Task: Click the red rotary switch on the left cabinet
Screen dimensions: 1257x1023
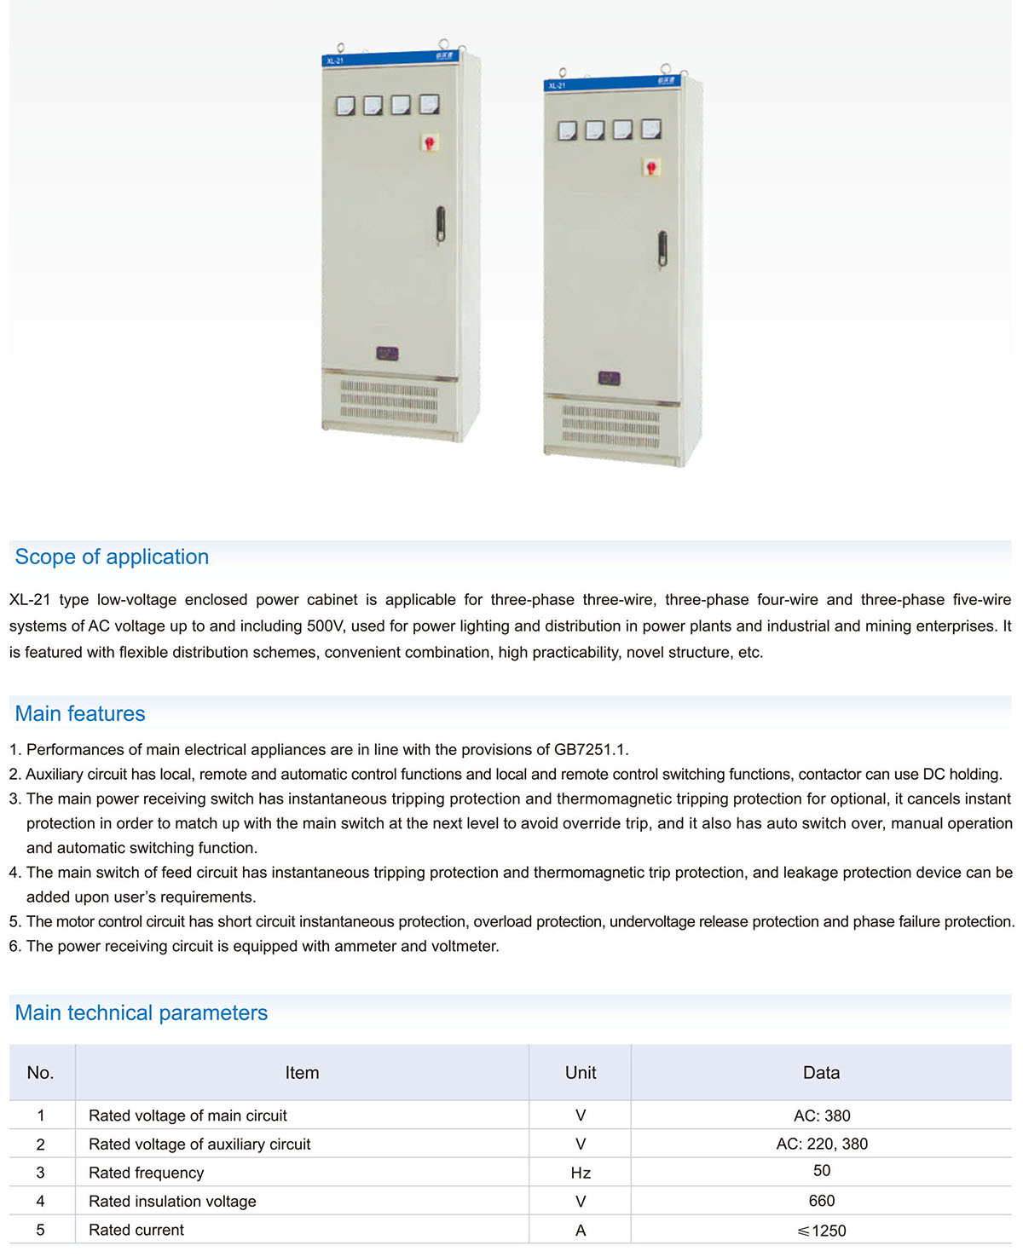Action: pyautogui.click(x=431, y=142)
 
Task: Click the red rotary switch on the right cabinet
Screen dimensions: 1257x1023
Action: pyautogui.click(x=652, y=167)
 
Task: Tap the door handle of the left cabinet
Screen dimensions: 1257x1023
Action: pyautogui.click(x=440, y=225)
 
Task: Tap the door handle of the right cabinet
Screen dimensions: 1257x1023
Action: pyautogui.click(x=662, y=250)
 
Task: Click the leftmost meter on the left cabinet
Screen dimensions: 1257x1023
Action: pyautogui.click(x=345, y=106)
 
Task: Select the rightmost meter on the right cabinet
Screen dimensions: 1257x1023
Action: pyautogui.click(x=651, y=130)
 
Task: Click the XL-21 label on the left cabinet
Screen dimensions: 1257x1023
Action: pyautogui.click(x=335, y=61)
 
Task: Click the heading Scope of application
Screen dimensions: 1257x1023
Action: pyautogui.click(x=112, y=557)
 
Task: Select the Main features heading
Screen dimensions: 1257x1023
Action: pyautogui.click(x=80, y=714)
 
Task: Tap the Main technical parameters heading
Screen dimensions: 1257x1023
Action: pyautogui.click(x=142, y=1013)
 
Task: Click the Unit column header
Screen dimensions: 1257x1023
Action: pyautogui.click(x=581, y=1073)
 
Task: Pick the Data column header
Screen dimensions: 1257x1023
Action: pyautogui.click(x=821, y=1073)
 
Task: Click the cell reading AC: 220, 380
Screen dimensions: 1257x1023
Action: pyautogui.click(x=821, y=1145)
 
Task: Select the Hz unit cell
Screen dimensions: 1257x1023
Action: pyautogui.click(x=581, y=1173)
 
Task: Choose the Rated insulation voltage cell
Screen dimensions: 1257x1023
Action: pyautogui.click(x=172, y=1202)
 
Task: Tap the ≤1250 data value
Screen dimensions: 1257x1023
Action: pyautogui.click(x=821, y=1231)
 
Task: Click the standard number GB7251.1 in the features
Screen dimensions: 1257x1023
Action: pyautogui.click(x=590, y=750)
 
